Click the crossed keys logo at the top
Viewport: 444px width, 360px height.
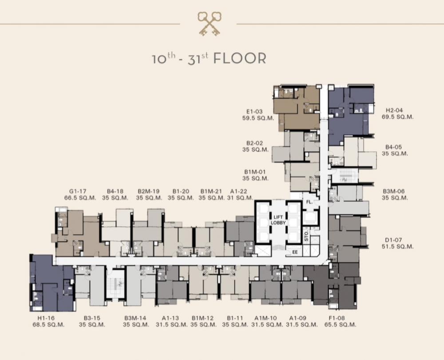pyautogui.click(x=210, y=24)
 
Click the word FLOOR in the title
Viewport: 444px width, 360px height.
pyautogui.click(x=240, y=58)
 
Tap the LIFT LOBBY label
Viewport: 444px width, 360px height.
pyautogui.click(x=278, y=220)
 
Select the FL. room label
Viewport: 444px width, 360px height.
pyautogui.click(x=309, y=202)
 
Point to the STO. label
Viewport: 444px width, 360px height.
pyautogui.click(x=306, y=236)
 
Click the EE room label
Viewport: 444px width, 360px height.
pyautogui.click(x=295, y=252)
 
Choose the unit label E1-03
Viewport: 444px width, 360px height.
pyautogui.click(x=254, y=112)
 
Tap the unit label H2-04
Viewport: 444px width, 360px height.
pyautogui.click(x=394, y=110)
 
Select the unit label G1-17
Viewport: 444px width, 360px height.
pyautogui.click(x=78, y=192)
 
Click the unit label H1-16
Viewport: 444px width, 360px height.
pyautogui.click(x=46, y=318)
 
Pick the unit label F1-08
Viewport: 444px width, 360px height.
pyautogui.click(x=337, y=318)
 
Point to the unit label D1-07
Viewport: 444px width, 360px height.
pyautogui.click(x=393, y=240)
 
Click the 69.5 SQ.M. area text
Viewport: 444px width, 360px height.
pyautogui.click(x=397, y=117)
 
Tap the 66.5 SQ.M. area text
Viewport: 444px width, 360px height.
pyautogui.click(x=80, y=198)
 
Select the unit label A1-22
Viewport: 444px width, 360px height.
pyautogui.click(x=239, y=192)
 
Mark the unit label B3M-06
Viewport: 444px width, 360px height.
pyautogui.click(x=393, y=192)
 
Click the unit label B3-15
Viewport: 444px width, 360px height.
pyautogui.click(x=92, y=318)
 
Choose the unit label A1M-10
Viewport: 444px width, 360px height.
pyautogui.click(x=266, y=318)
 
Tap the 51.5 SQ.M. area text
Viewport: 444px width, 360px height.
pyautogui.click(x=397, y=246)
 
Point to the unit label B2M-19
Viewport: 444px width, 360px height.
pyautogui.click(x=149, y=192)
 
